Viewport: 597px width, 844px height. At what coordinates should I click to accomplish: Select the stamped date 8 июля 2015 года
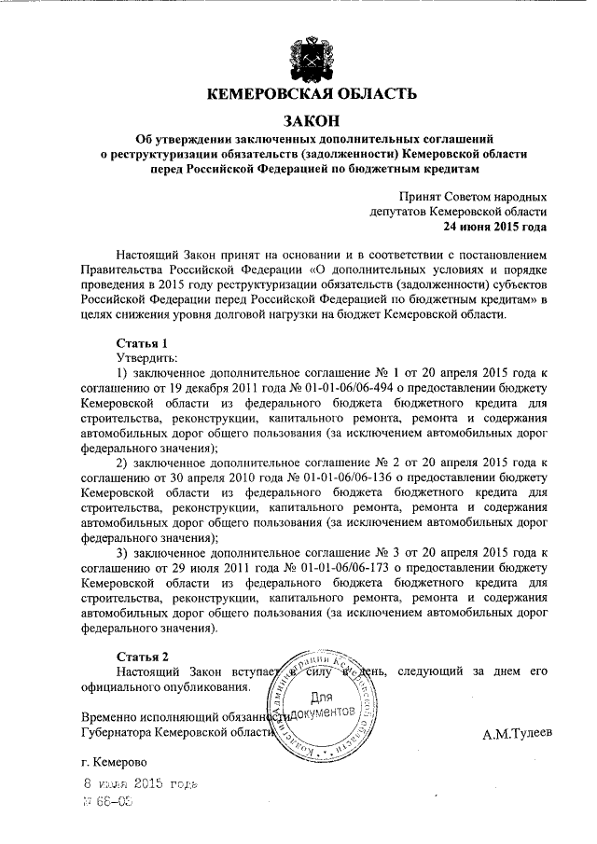pos(140,783)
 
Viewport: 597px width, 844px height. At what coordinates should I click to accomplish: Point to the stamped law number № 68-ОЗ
pos(107,802)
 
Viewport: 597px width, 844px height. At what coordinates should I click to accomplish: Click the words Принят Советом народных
pos(472,197)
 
